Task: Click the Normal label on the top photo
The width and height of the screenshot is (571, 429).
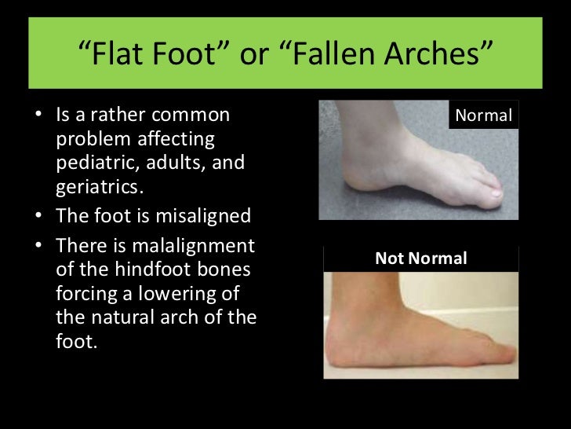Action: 483,115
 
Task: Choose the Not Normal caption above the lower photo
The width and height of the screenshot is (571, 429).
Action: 420,258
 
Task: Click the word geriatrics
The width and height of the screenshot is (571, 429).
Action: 95,189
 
